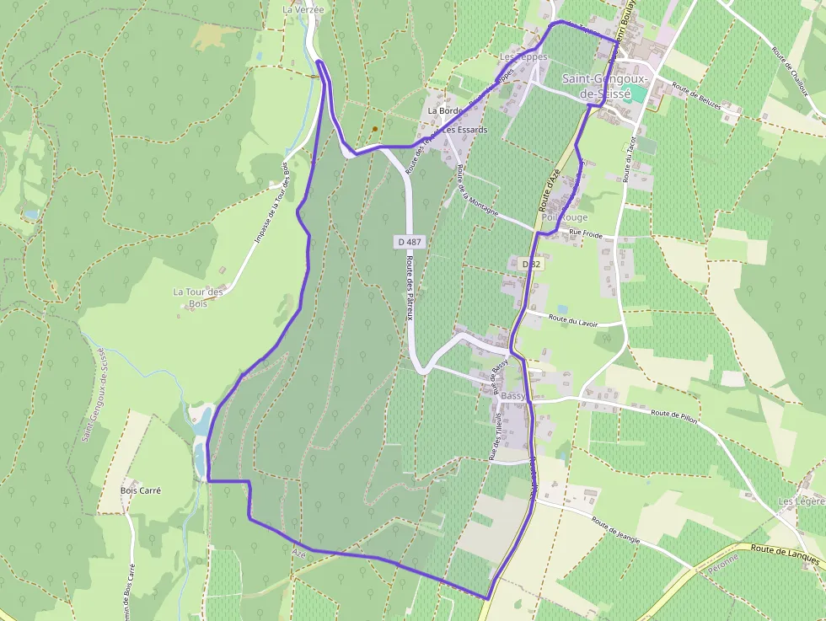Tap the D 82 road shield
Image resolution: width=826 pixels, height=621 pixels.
529,265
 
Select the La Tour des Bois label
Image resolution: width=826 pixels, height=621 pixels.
198,297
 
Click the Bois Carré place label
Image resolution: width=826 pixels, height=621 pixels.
141,490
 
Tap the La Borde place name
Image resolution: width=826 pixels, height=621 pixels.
444,110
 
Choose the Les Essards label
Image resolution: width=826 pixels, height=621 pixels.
465,131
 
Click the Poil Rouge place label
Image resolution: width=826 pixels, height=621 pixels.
565,217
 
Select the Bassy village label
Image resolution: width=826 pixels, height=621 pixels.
512,395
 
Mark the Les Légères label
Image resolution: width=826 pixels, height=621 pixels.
801,501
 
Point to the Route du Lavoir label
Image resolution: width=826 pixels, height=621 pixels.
572,319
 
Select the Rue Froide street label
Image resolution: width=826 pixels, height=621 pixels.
586,233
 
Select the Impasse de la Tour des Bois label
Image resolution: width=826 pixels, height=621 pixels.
271,203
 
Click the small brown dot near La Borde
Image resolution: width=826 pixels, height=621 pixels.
374,129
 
